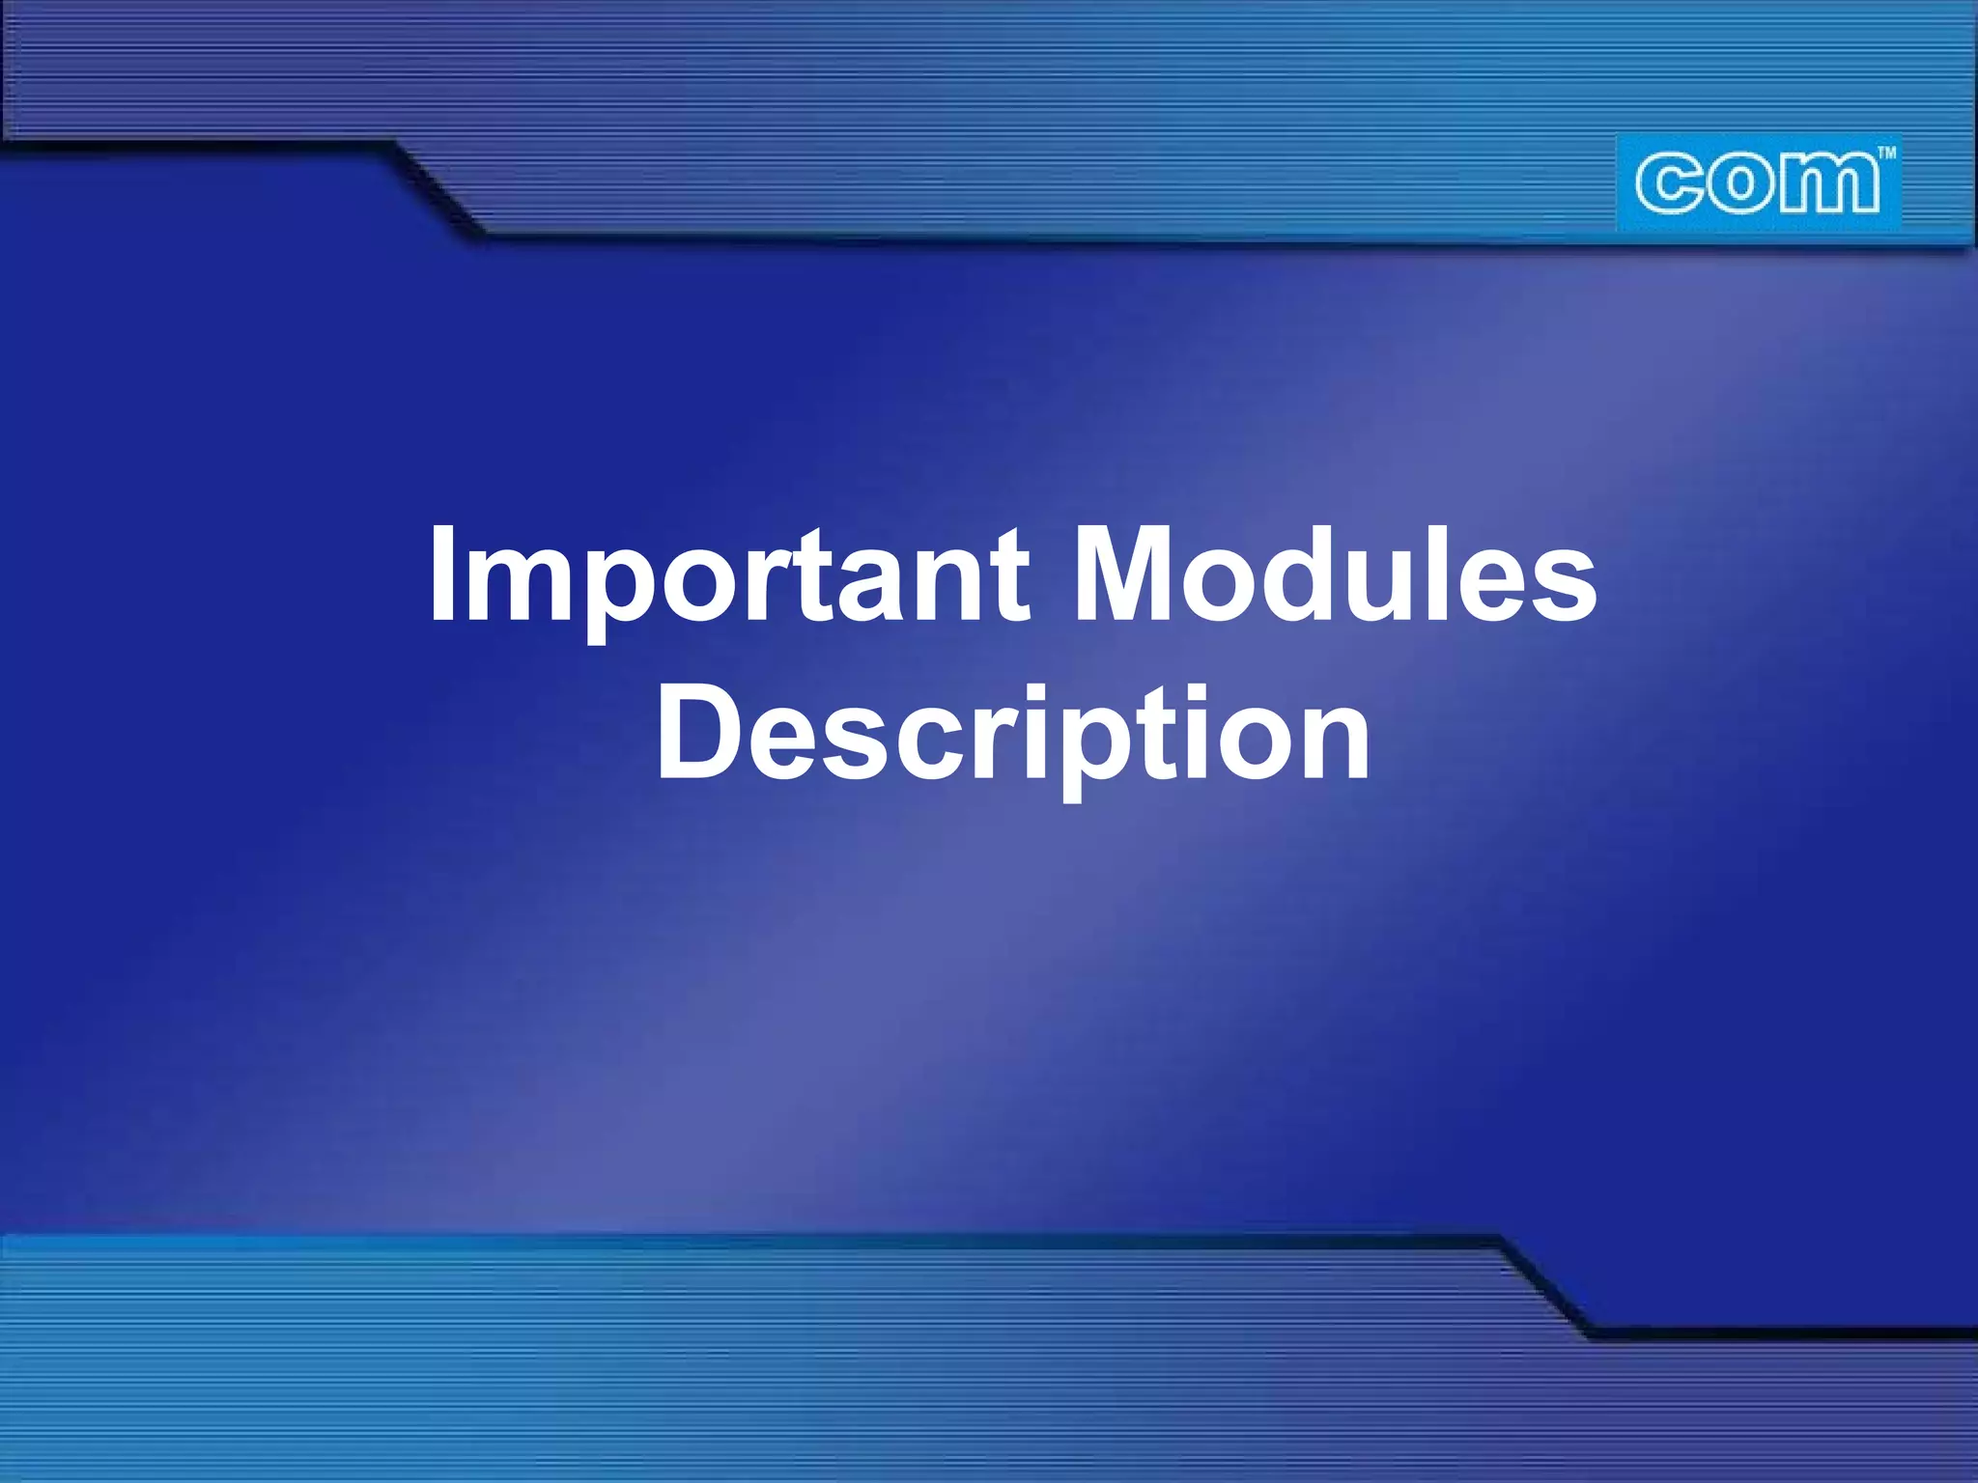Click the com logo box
pyautogui.click(x=1758, y=183)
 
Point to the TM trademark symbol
pyautogui.click(x=1885, y=153)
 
